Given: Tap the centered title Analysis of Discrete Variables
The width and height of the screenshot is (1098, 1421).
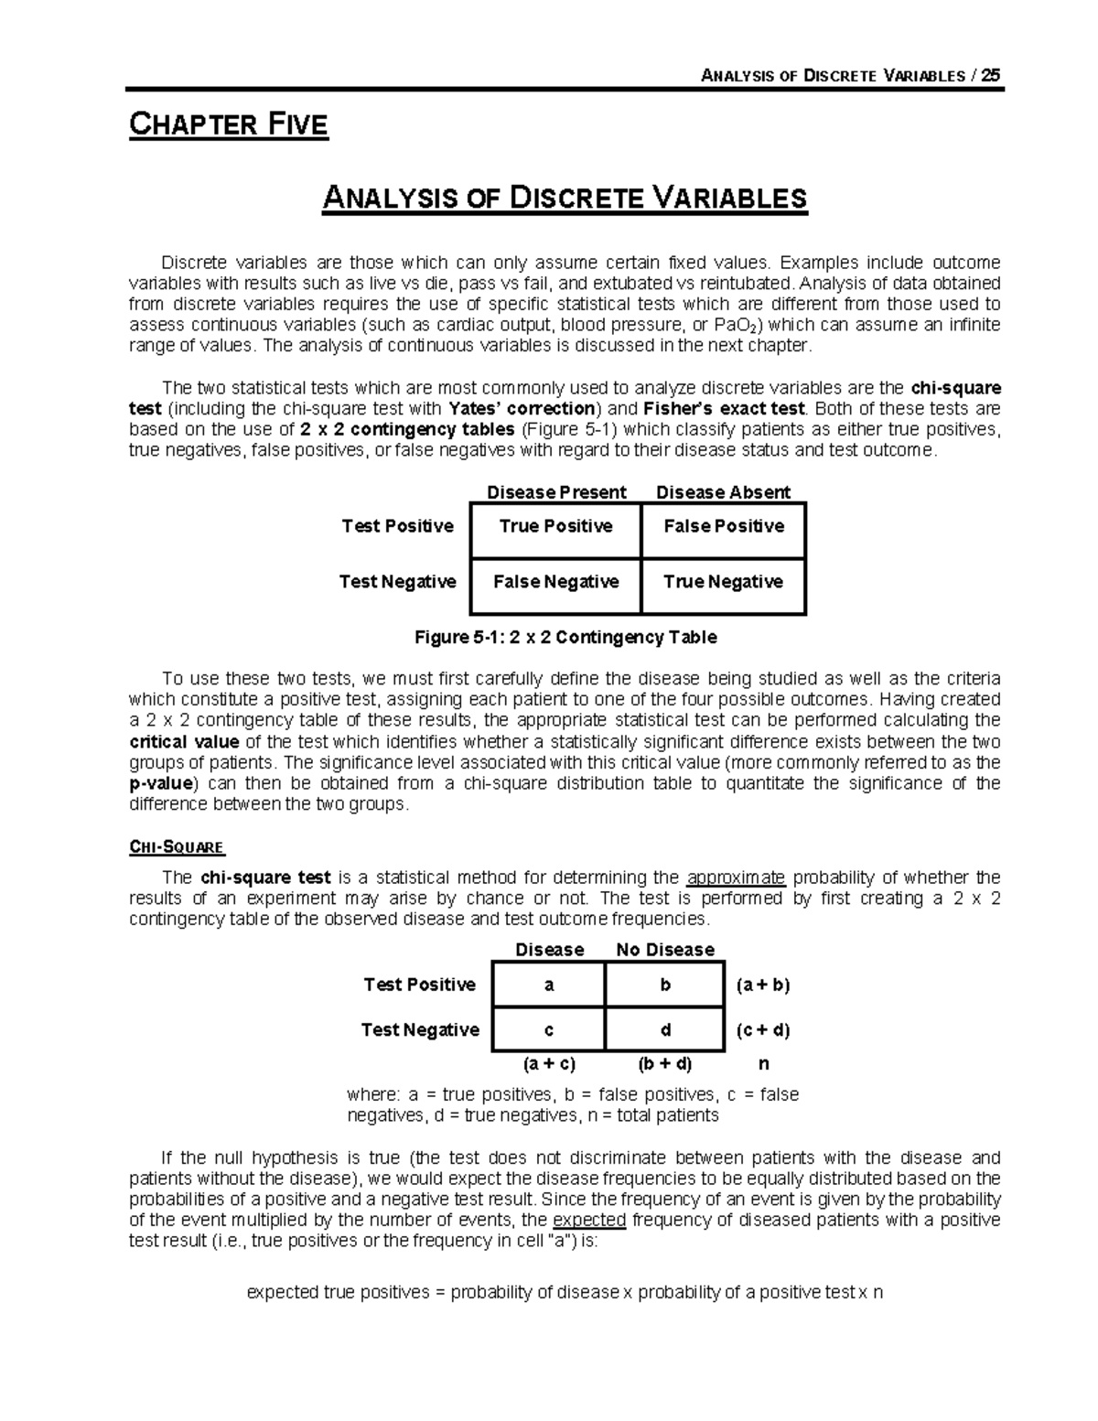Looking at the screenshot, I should point(565,198).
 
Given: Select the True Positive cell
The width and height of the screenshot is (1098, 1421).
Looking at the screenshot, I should point(555,527).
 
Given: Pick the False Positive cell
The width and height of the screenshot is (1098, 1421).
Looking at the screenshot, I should point(724,527).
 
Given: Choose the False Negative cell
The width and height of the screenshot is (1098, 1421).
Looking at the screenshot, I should point(555,582).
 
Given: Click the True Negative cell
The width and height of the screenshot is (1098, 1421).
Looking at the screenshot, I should point(724,582).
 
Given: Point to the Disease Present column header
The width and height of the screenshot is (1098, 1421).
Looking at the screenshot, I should point(556,492).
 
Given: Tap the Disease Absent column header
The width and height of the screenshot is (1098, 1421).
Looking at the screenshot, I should point(723,492).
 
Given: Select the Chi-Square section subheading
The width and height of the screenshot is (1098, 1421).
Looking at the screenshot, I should point(178,847).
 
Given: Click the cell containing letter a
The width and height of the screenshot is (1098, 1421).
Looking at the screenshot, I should point(549,985).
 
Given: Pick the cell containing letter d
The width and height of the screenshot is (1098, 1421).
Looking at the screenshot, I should point(665,1030).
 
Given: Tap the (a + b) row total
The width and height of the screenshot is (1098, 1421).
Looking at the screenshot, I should point(763,985).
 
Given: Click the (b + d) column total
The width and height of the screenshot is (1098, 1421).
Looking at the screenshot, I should point(665,1064).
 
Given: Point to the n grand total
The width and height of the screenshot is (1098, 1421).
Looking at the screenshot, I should point(764,1064).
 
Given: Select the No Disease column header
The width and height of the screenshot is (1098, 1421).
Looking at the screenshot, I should point(665,950).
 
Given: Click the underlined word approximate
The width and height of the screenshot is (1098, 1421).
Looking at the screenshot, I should point(736,877).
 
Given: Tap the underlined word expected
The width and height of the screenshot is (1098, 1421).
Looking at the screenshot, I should point(589,1220).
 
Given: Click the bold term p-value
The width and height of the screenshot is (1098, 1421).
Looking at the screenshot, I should point(161,783).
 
